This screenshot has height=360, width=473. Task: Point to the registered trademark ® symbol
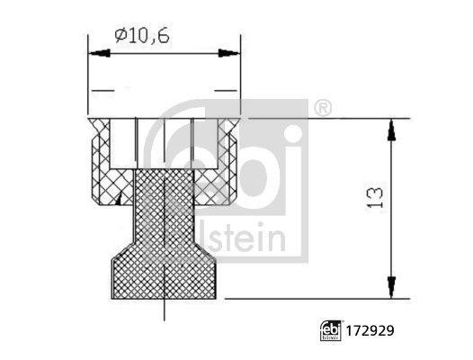[323, 109]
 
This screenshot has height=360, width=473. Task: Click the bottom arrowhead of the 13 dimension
[392, 286]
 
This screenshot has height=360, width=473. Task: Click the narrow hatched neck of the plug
[165, 211]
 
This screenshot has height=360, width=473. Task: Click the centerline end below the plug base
[165, 315]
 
